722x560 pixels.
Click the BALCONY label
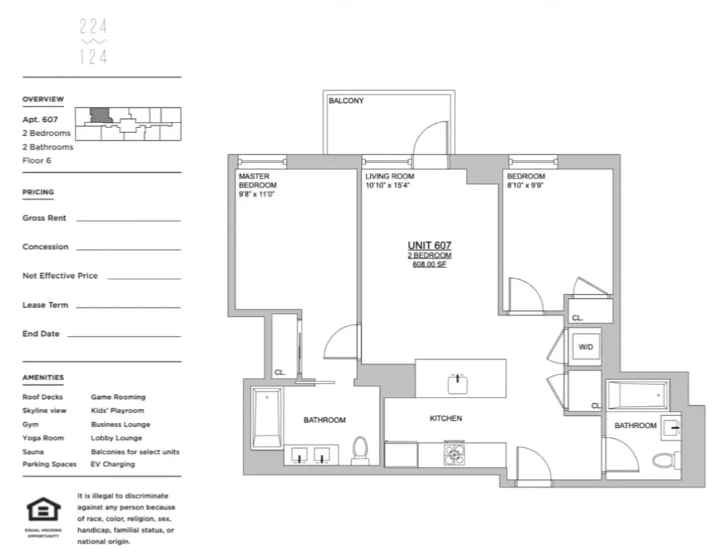coord(346,101)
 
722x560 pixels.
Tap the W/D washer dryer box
coord(585,347)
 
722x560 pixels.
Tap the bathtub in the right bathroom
coord(637,395)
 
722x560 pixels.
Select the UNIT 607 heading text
coord(429,245)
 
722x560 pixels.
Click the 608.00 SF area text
coord(429,265)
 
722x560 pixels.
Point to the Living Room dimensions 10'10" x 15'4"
coord(387,185)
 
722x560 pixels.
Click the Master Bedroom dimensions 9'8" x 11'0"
coord(257,195)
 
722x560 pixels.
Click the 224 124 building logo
coord(93,42)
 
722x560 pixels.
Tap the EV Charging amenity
coord(113,464)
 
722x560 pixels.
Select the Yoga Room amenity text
coord(43,438)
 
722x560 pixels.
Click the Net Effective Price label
coord(60,276)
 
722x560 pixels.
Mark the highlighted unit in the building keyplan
coord(100,115)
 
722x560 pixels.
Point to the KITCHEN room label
coord(446,419)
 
